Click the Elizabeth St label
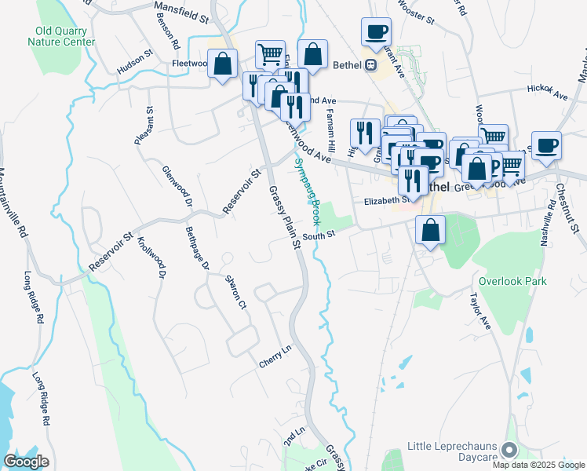(382, 202)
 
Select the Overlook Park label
(512, 281)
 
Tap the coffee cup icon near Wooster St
(376, 32)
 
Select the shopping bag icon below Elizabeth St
(430, 230)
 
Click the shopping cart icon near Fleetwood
(270, 54)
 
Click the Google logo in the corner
(26, 462)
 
